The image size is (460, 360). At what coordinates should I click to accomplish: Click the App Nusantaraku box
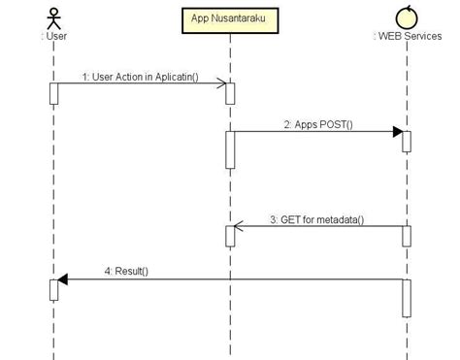pos(229,19)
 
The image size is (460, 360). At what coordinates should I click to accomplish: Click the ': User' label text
pos(54,37)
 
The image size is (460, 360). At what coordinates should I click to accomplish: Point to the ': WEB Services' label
pos(407,37)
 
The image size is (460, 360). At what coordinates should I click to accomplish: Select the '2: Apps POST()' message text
pos(318,124)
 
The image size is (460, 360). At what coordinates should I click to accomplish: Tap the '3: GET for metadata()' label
pos(316,219)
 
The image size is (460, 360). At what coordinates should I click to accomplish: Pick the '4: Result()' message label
pos(126,271)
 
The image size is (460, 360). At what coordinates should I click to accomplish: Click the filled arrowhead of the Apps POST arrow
pos(397,132)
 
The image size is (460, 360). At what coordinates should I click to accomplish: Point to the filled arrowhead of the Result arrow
pos(62,279)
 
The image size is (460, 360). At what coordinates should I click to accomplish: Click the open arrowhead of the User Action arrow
pos(222,84)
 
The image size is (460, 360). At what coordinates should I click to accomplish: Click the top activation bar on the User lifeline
pos(54,93)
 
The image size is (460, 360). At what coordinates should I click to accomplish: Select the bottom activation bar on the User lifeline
pos(54,289)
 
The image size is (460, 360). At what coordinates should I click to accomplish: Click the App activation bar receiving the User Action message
pos(230,93)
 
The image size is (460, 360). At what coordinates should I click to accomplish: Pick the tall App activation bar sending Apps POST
pos(230,149)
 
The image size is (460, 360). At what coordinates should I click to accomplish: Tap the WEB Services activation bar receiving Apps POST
pos(407,141)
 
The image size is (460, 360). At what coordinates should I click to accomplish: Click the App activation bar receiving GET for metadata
pos(230,236)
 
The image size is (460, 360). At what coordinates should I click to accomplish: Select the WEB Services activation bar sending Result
pos(407,298)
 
